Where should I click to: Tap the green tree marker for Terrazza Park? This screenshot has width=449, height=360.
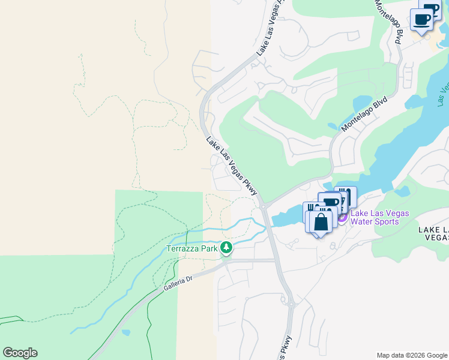(226, 247)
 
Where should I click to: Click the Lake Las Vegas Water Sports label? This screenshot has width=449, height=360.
(380, 217)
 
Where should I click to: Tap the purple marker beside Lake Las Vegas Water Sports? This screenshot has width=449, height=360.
(342, 217)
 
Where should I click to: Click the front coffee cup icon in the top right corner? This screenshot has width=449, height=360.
(423, 20)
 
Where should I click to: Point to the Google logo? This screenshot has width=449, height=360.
(20, 353)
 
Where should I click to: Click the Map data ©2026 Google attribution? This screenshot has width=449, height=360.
(412, 355)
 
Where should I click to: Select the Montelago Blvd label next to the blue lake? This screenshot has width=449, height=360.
(364, 113)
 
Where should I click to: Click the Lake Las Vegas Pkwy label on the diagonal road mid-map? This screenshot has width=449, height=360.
(232, 166)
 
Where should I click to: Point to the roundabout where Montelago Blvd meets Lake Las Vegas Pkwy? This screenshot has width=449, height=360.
(264, 206)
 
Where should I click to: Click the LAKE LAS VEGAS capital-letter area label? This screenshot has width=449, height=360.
(433, 233)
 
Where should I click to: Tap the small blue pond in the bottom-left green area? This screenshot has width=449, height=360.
(125, 332)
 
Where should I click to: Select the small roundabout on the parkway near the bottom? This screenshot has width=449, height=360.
(291, 305)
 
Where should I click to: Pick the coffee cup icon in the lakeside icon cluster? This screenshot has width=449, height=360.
(330, 203)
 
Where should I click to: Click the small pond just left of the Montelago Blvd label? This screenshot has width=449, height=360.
(333, 127)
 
